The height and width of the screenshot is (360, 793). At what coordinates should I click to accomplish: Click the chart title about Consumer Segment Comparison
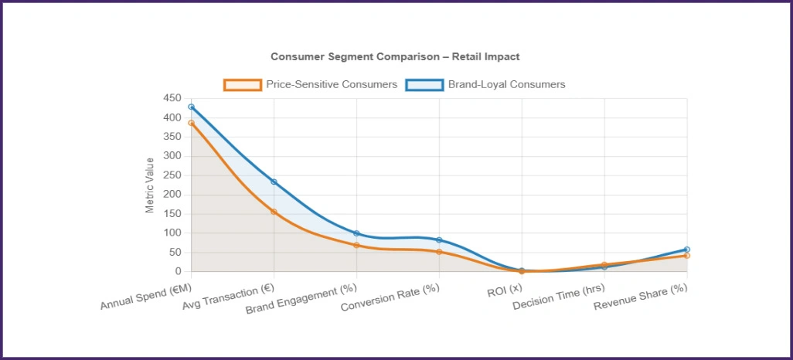tap(395, 56)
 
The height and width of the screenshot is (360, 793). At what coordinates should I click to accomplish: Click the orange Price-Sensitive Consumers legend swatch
tap(242, 84)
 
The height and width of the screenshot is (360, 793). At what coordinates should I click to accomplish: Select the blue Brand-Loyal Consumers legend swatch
tap(424, 84)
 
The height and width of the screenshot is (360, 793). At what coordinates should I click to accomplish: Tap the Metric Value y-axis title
tap(150, 185)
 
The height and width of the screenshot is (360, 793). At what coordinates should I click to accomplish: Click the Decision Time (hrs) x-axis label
tap(559, 296)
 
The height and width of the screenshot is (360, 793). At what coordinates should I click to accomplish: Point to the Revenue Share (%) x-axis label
tap(641, 296)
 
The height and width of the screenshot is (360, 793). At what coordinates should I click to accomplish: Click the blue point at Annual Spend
tap(191, 107)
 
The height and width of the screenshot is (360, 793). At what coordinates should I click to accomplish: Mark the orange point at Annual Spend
tap(191, 123)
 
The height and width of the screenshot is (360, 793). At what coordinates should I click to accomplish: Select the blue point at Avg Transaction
tap(274, 182)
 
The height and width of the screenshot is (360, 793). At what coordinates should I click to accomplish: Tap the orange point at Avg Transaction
tap(274, 212)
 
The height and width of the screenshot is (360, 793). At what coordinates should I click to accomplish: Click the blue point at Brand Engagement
tap(356, 233)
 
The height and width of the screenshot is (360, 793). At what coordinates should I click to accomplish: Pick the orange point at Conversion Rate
tap(439, 252)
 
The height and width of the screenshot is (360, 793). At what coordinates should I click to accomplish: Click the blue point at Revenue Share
tap(686, 250)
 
